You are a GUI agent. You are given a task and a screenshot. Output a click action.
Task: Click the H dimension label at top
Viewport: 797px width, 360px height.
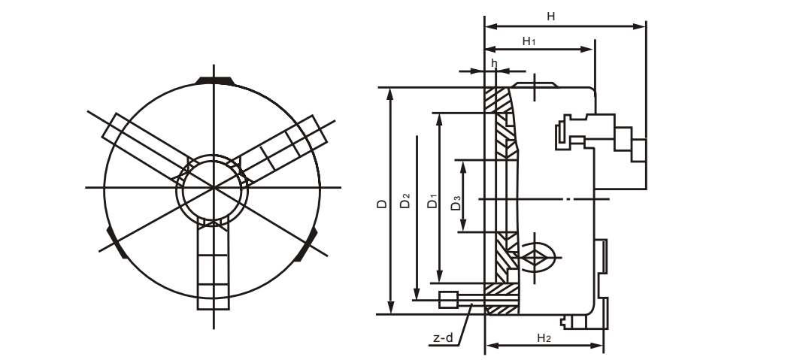click(551, 15)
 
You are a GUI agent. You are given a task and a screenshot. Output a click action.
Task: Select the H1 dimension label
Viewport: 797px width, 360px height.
click(529, 41)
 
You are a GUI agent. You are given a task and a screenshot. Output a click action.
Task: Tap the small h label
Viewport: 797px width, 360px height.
click(494, 63)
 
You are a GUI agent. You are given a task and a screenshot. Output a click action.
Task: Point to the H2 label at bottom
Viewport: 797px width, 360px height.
click(545, 338)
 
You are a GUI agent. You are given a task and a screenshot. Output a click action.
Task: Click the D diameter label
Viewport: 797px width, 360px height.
click(381, 204)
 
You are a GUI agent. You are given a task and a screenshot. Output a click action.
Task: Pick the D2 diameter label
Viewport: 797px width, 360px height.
click(405, 202)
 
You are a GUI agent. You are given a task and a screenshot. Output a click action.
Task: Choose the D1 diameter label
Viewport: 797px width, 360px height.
click(432, 202)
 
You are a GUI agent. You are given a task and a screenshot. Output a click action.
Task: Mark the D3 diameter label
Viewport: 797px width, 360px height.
click(455, 202)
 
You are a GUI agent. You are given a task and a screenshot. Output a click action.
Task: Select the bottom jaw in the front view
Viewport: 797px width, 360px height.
click(212, 267)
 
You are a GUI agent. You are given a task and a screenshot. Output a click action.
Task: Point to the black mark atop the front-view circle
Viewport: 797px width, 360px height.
click(214, 80)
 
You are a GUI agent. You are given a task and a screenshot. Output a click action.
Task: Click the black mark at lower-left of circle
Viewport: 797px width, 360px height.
click(115, 242)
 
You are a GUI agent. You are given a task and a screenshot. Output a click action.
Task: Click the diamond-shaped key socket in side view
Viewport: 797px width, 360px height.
click(535, 257)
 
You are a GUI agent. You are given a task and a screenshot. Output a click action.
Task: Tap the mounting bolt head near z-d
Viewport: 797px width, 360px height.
click(448, 299)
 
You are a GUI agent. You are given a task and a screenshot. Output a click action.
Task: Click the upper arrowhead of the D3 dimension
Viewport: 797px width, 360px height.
click(464, 165)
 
